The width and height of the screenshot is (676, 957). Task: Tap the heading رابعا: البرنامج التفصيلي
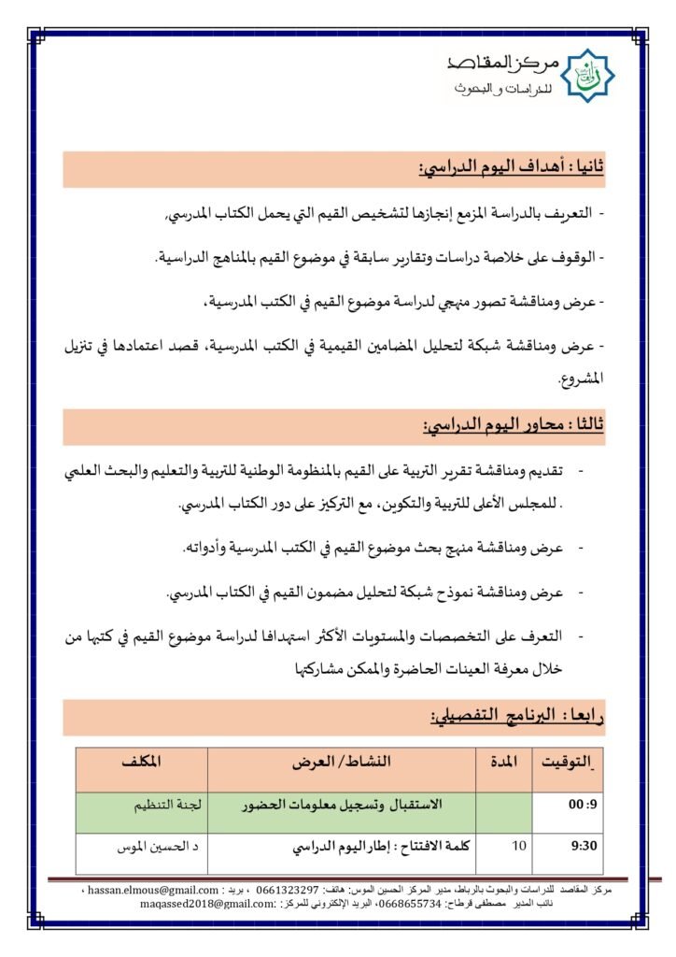click(517, 717)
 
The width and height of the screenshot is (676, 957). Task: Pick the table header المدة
click(504, 763)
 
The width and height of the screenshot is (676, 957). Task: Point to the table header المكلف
click(142, 763)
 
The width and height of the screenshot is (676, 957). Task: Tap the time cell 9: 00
click(570, 806)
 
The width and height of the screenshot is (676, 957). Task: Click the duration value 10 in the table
click(520, 846)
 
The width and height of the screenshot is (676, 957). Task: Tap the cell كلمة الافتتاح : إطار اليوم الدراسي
click(373, 847)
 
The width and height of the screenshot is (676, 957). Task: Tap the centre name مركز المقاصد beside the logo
click(505, 63)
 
